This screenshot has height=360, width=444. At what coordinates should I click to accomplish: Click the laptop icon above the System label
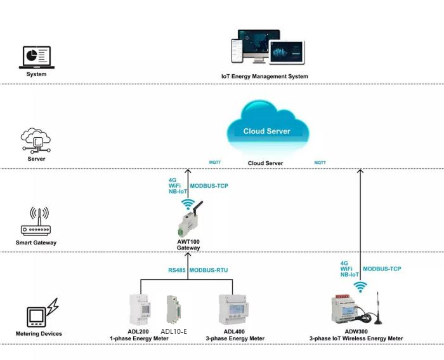click(37, 58)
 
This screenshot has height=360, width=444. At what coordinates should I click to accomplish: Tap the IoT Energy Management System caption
click(264, 76)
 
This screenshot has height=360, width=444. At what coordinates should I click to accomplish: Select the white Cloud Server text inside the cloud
click(267, 131)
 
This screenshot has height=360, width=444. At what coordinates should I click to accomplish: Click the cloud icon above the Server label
click(36, 140)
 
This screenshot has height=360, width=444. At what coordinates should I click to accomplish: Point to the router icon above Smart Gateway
click(36, 222)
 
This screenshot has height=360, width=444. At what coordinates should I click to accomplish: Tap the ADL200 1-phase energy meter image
click(140, 310)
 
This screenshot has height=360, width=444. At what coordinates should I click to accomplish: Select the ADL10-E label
click(174, 331)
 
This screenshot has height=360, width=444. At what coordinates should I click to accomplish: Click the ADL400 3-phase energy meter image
click(233, 310)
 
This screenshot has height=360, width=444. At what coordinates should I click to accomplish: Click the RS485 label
click(177, 270)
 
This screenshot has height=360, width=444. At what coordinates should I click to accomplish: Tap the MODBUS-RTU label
click(209, 270)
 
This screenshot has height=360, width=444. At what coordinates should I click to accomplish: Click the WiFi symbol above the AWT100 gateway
click(188, 204)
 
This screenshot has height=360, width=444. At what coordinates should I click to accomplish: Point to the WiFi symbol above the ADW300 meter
click(360, 287)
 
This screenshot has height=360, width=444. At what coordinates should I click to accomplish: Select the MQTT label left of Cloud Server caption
click(215, 163)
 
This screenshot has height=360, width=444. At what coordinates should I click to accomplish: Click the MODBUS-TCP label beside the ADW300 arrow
click(382, 269)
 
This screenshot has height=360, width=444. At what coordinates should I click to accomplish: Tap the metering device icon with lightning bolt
click(42, 312)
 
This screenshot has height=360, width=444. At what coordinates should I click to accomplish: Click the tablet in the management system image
click(287, 53)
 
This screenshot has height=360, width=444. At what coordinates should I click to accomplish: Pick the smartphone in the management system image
click(237, 51)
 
